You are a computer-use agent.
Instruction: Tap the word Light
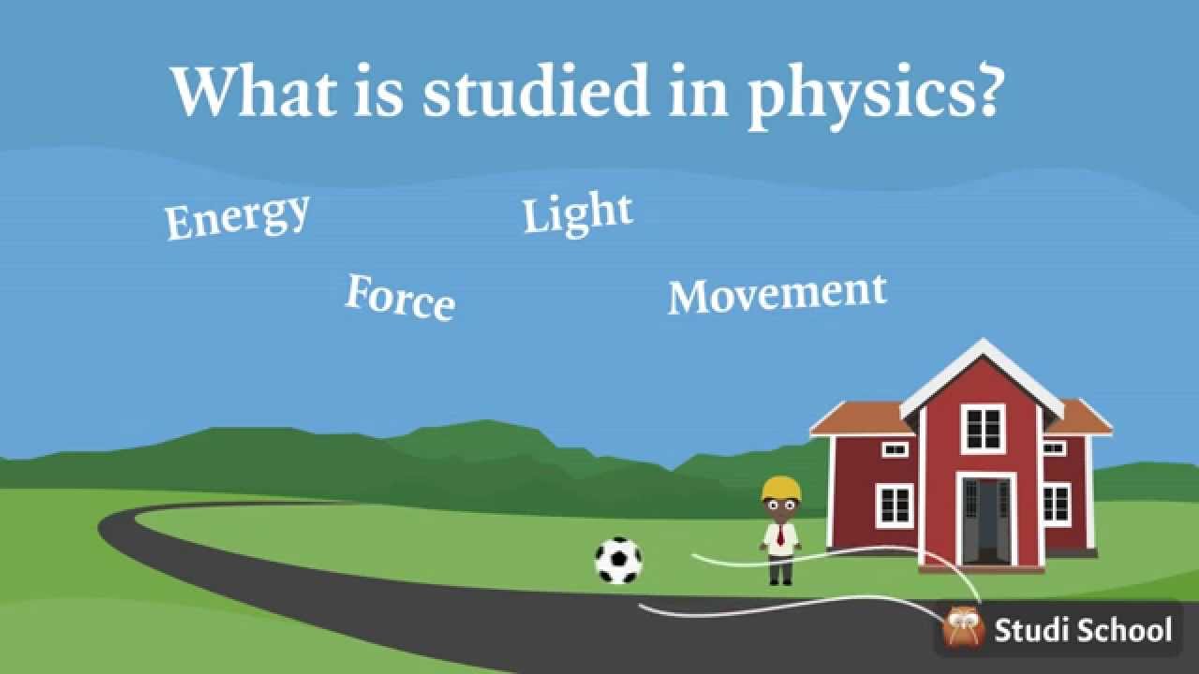577,214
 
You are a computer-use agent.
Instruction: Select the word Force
400,297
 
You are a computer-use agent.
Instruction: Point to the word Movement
777,294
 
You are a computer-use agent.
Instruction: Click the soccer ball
618,560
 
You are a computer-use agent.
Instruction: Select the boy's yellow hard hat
781,488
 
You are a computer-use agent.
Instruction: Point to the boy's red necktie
779,535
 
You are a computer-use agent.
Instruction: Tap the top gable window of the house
984,428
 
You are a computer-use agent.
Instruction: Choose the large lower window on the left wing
894,505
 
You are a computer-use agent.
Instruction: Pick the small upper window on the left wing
895,449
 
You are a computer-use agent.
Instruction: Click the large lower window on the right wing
1056,504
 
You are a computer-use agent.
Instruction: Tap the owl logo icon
963,627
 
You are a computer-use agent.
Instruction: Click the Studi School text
1083,629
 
